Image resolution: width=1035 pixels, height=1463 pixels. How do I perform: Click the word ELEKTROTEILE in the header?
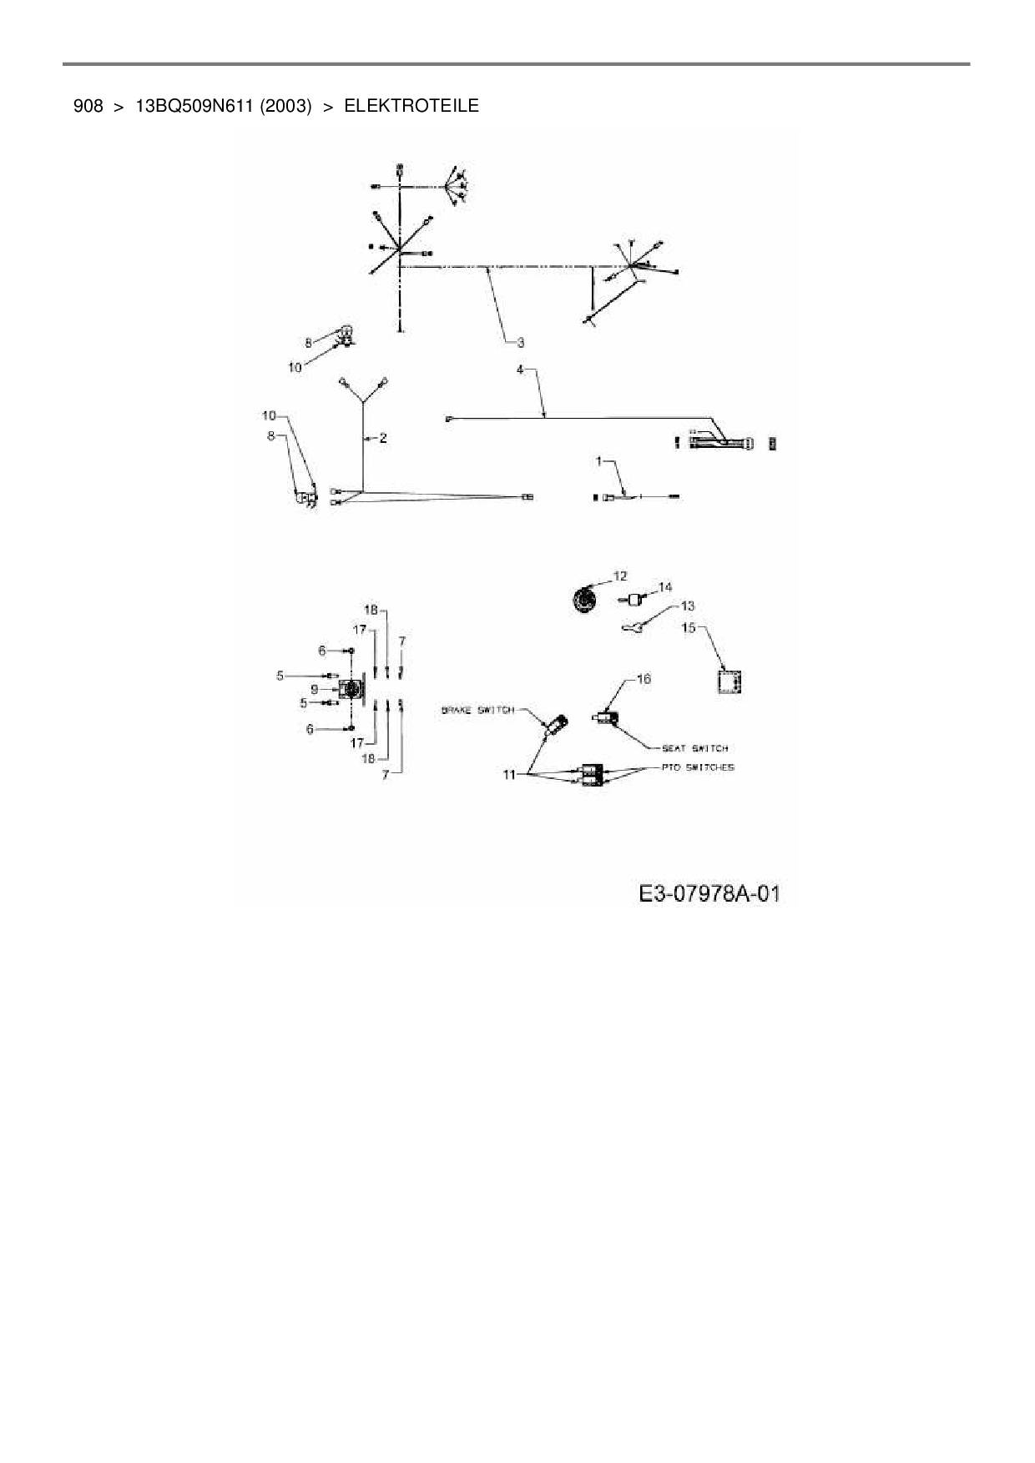[x=411, y=106]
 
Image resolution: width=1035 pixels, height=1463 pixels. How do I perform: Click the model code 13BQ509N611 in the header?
[x=194, y=106]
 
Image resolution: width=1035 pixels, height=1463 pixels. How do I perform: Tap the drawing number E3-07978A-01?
[x=709, y=894]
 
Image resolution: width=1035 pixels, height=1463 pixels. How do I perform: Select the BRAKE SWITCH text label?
[x=477, y=710]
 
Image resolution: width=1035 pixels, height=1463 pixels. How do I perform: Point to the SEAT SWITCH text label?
[x=694, y=748]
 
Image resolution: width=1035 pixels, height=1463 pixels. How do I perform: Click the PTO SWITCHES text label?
[x=698, y=767]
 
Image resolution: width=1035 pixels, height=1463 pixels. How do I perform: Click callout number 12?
[x=619, y=576]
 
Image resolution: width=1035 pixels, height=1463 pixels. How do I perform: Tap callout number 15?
[x=689, y=627]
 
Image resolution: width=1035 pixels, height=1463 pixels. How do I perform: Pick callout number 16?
[x=644, y=679]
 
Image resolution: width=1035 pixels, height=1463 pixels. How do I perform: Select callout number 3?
[x=519, y=342]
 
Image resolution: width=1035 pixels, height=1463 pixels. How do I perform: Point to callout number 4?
[x=519, y=369]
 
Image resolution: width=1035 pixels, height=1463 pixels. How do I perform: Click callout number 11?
[x=509, y=775]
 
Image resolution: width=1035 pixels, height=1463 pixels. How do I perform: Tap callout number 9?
[x=314, y=689]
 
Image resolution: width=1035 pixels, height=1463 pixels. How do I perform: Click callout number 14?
[x=665, y=587]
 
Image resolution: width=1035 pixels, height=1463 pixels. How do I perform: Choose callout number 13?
[x=688, y=606]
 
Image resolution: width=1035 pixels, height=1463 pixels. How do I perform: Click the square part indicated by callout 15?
[x=730, y=681]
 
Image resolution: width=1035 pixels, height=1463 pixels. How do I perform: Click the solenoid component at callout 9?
[x=351, y=689]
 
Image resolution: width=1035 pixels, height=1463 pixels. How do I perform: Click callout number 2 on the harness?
[x=383, y=437]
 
